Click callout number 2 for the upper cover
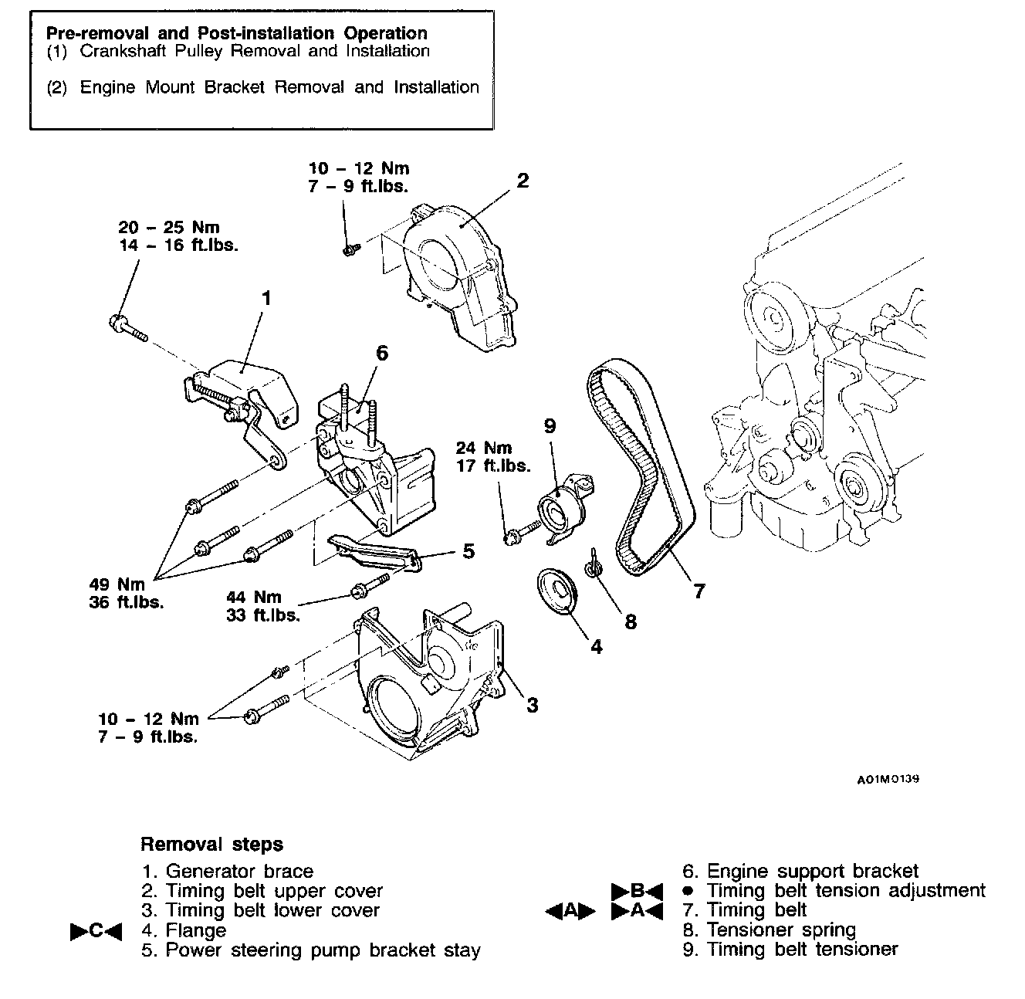(x=523, y=181)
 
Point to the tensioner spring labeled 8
(x=594, y=567)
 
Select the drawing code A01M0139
(x=888, y=779)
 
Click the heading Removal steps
(x=211, y=844)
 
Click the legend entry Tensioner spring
(x=781, y=930)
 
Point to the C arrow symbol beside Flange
(x=96, y=931)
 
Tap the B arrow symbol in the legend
(x=637, y=891)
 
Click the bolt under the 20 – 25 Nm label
(x=127, y=327)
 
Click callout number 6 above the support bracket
(x=381, y=353)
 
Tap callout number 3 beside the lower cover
(x=532, y=704)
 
